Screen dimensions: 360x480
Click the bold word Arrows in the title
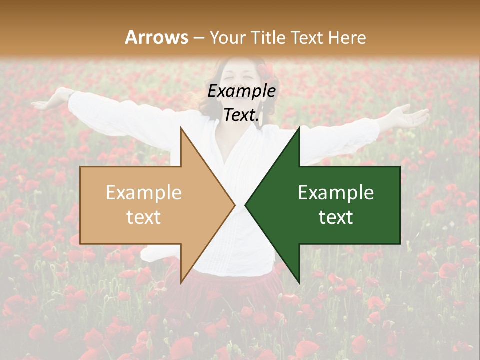(x=157, y=37)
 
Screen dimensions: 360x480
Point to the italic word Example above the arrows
(x=242, y=91)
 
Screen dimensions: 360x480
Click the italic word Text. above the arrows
(x=242, y=115)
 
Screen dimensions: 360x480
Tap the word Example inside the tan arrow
(x=144, y=193)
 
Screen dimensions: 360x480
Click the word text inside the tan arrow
(x=144, y=217)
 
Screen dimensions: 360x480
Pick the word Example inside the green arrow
(x=336, y=193)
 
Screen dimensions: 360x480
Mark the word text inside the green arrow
(x=336, y=217)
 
